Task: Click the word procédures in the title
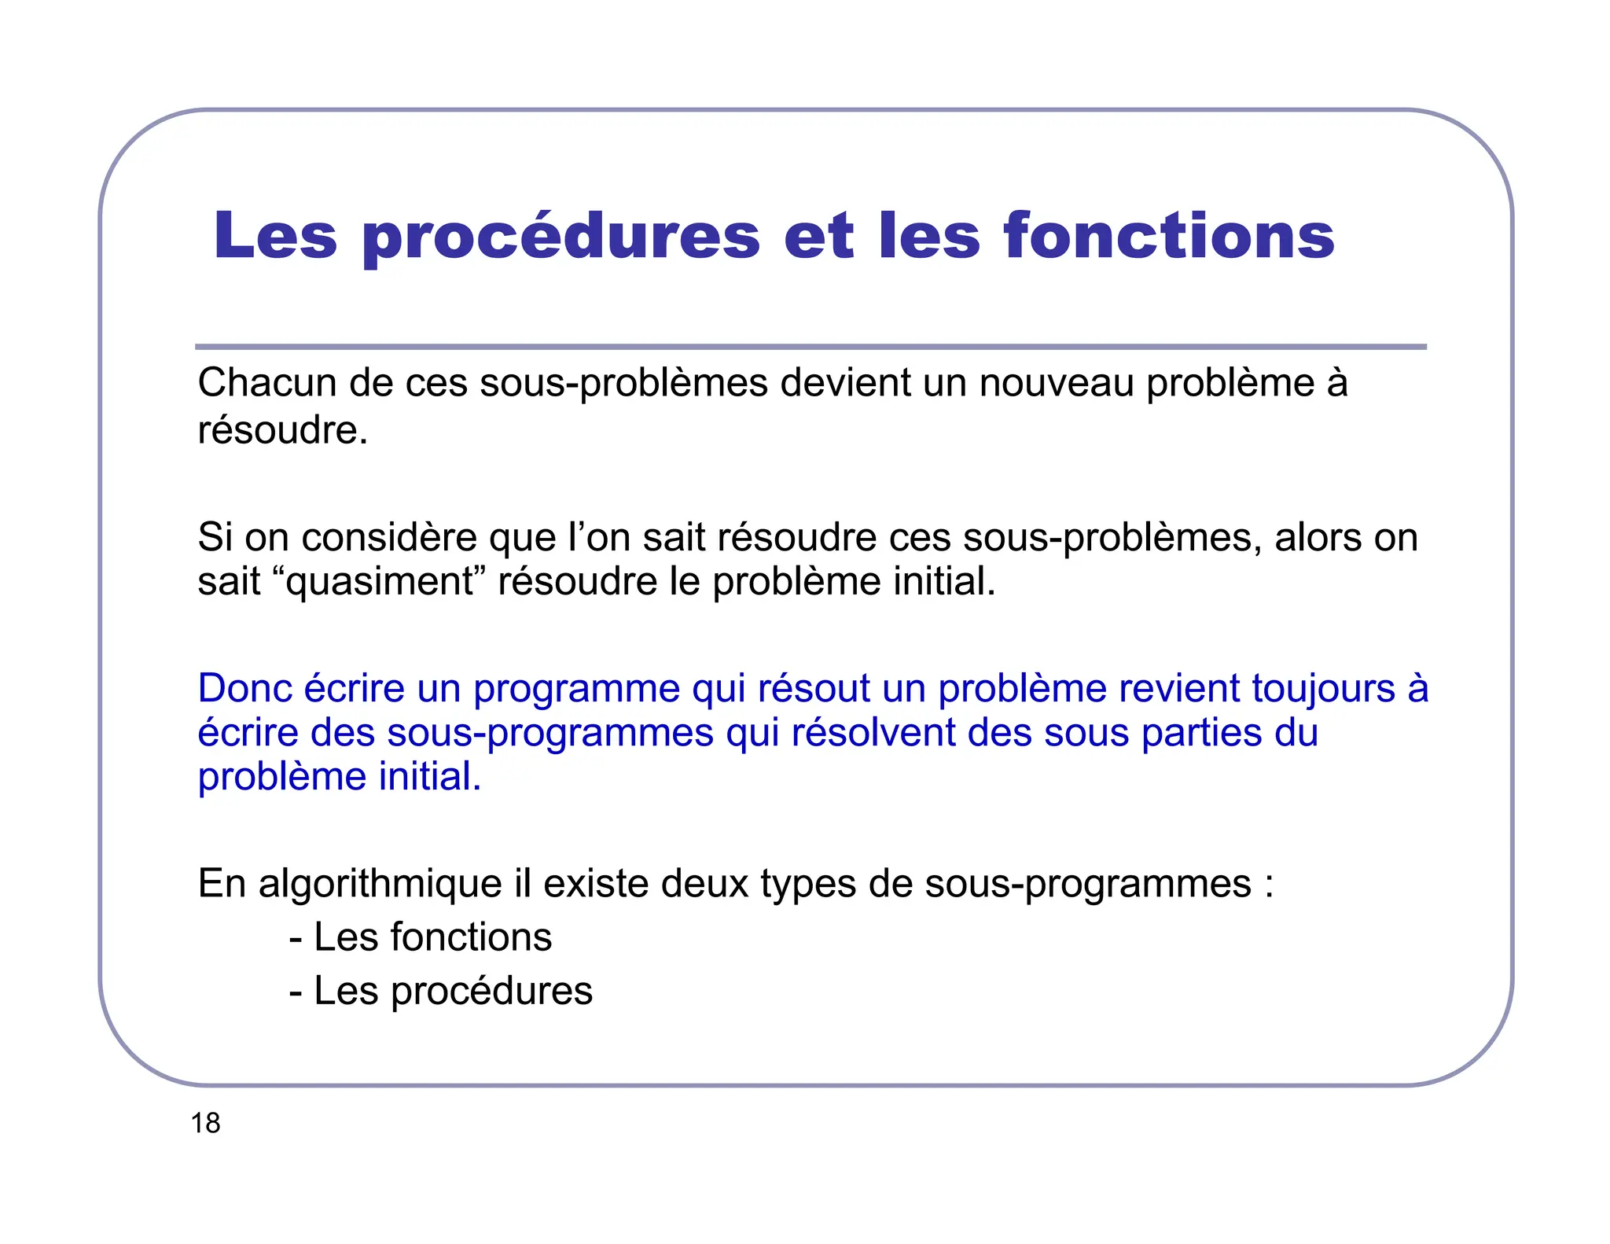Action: (561, 237)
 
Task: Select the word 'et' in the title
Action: (818, 237)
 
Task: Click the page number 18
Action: (205, 1123)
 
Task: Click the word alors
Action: (1318, 538)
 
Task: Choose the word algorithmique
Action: (380, 884)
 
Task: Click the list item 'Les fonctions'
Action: (421, 937)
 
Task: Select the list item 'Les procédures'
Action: (441, 991)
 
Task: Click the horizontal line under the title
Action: (811, 347)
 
